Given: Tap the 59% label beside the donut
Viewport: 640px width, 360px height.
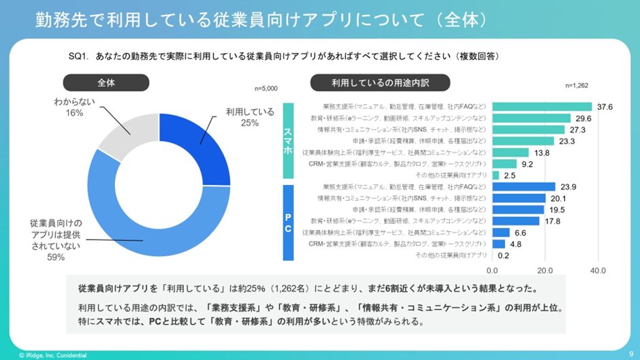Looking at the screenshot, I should [56, 257].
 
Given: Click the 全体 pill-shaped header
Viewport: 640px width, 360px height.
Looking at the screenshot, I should [106, 83].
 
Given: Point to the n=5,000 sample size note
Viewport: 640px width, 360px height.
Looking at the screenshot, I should [266, 88].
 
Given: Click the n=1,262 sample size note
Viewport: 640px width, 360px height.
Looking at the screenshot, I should [578, 86].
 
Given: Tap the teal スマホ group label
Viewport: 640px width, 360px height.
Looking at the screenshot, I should [287, 140].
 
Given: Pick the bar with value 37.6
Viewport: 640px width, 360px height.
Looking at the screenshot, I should [541, 107].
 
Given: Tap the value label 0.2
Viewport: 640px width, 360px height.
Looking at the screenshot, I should [504, 255].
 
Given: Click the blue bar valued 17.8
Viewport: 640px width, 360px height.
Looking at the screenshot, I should [515, 220].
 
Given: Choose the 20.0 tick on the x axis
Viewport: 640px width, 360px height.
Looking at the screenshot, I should [545, 270].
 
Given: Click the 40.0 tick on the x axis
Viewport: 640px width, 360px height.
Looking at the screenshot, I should [598, 270].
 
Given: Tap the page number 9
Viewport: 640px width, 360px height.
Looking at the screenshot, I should [630, 352].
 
